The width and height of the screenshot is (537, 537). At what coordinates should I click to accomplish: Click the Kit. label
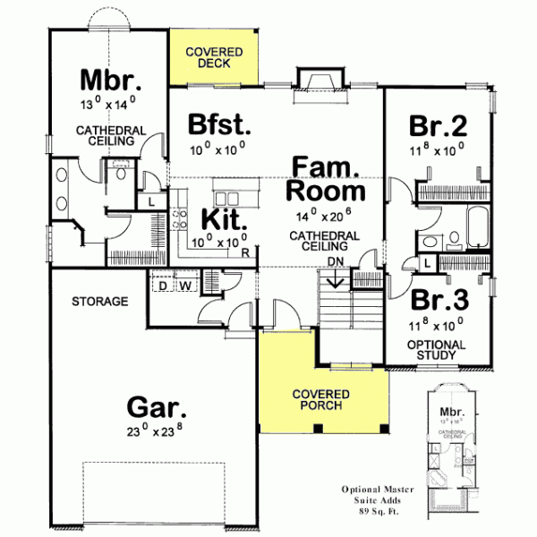218,219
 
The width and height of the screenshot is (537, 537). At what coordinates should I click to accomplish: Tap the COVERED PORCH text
321,402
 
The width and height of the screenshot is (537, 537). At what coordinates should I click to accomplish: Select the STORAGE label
100,302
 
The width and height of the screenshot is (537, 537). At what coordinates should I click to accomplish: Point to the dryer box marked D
163,286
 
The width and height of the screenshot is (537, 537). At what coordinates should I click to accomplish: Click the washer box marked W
185,286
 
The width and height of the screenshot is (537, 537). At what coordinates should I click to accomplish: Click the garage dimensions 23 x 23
157,436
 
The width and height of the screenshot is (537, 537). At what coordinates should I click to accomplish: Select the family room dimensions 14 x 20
324,217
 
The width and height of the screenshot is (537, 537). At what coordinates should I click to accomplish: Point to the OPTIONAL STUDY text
436,350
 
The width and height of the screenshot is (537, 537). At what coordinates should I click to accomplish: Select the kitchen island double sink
226,197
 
